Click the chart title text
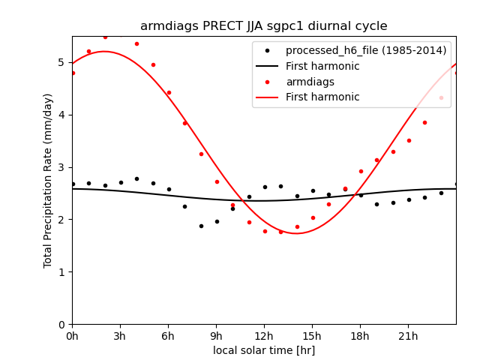263,26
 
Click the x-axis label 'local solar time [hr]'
263,350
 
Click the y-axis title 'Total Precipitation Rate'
48,180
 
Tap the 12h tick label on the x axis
264,336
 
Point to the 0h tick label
72,336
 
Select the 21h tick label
408,336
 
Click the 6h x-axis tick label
168,336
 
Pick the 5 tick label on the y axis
62,62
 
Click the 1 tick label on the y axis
62,271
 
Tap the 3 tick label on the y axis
62,167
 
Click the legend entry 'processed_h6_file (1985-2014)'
365,51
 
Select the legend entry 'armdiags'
310,82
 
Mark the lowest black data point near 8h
200,226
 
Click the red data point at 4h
136,43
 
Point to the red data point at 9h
217,181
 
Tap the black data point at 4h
136,178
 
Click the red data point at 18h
361,171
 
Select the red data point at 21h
409,140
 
